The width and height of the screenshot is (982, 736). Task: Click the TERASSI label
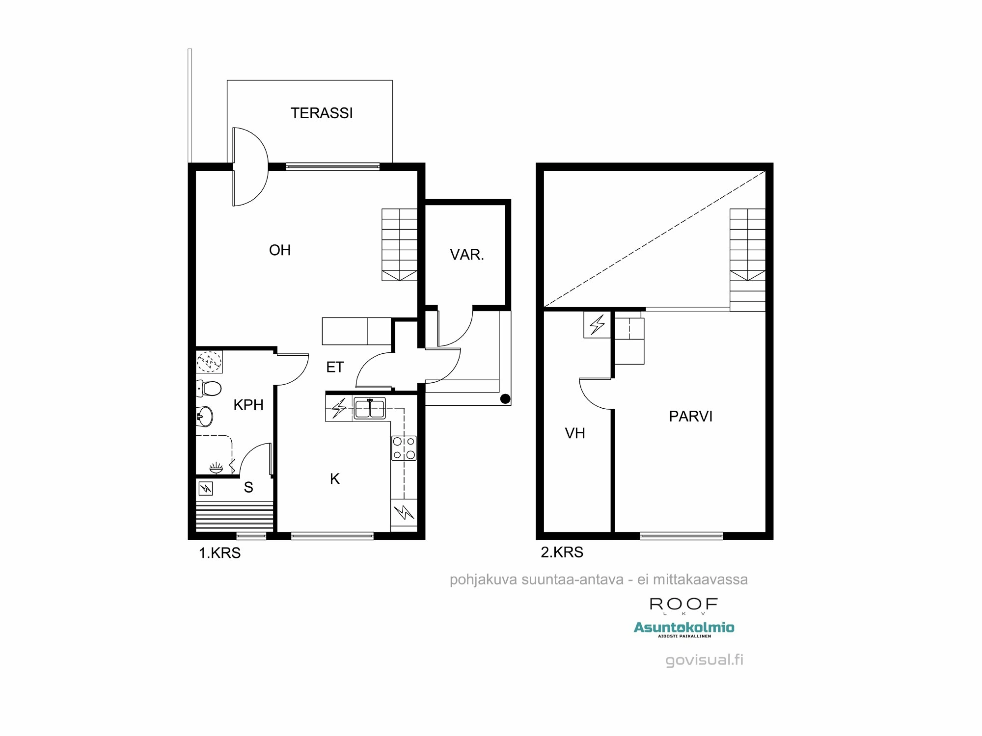[x=322, y=113]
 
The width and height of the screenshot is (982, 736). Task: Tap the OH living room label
[x=280, y=250]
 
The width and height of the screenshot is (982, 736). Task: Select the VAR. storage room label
[x=467, y=255]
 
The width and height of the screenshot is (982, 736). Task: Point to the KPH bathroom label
[x=248, y=405]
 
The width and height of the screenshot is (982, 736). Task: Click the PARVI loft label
[x=690, y=417]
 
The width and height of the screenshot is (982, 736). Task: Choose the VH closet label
[x=575, y=433]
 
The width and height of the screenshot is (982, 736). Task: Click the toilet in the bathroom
[x=209, y=389]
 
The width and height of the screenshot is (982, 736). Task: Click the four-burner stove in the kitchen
[x=404, y=448]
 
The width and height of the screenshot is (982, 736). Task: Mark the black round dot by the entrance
[x=504, y=398]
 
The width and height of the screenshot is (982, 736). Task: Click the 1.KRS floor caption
[x=219, y=553]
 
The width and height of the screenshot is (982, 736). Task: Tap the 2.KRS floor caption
[x=562, y=552]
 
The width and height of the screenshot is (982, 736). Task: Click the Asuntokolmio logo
[x=684, y=628]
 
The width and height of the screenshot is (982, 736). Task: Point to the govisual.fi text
[x=704, y=660]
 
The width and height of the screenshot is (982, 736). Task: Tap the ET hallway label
[x=335, y=367]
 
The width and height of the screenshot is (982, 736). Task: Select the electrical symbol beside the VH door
[x=597, y=324]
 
